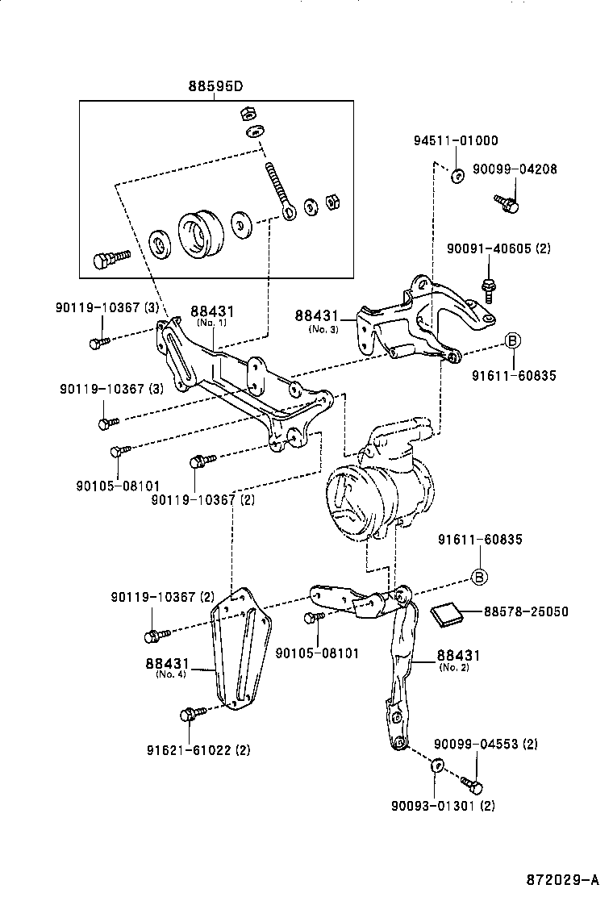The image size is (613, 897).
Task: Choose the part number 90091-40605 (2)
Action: click(498, 249)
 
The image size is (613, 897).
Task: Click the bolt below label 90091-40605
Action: click(487, 286)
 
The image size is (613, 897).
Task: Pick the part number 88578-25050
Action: click(525, 612)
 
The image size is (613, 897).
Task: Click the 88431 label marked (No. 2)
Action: click(458, 657)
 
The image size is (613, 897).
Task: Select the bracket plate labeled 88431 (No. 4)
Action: click(242, 657)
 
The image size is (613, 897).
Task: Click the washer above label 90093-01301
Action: click(438, 766)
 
